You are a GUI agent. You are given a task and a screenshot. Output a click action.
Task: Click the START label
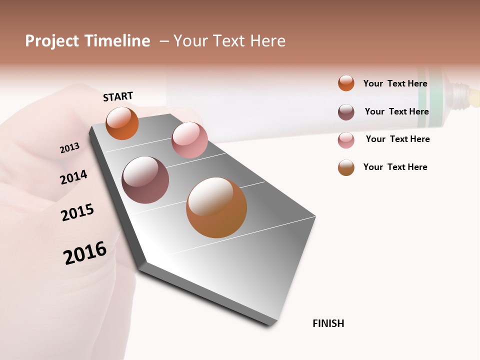pyautogui.click(x=118, y=96)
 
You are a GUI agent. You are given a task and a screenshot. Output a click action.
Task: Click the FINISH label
pyautogui.click(x=328, y=323)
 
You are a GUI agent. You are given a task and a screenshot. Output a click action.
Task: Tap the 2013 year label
pyautogui.click(x=69, y=148)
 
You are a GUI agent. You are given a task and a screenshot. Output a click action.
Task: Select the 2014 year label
pyautogui.click(x=73, y=177)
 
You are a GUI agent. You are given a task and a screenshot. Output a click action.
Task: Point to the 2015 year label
pyautogui.click(x=77, y=212)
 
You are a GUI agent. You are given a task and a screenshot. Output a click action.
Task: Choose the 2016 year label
pyautogui.click(x=85, y=252)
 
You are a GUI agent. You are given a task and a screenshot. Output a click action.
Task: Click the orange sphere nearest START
pyautogui.click(x=122, y=123)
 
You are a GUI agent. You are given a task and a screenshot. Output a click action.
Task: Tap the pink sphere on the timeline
pyautogui.click(x=189, y=140)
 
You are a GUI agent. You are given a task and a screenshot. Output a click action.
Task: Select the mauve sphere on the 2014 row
pyautogui.click(x=145, y=180)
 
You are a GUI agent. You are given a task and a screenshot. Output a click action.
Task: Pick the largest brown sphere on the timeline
pyautogui.click(x=216, y=207)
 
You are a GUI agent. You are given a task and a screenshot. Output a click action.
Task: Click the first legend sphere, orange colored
pyautogui.click(x=346, y=83)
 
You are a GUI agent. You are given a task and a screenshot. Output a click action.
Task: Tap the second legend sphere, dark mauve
pyautogui.click(x=346, y=112)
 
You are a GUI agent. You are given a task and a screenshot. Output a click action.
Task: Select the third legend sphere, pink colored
pyautogui.click(x=346, y=140)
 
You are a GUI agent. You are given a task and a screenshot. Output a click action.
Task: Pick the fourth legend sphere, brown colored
pyautogui.click(x=346, y=167)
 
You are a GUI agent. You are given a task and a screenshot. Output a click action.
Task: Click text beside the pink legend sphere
pyautogui.click(x=397, y=139)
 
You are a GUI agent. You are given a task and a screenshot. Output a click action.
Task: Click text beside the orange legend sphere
pyautogui.click(x=395, y=83)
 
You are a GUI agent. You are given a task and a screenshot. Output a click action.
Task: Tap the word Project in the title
pyautogui.click(x=52, y=41)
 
